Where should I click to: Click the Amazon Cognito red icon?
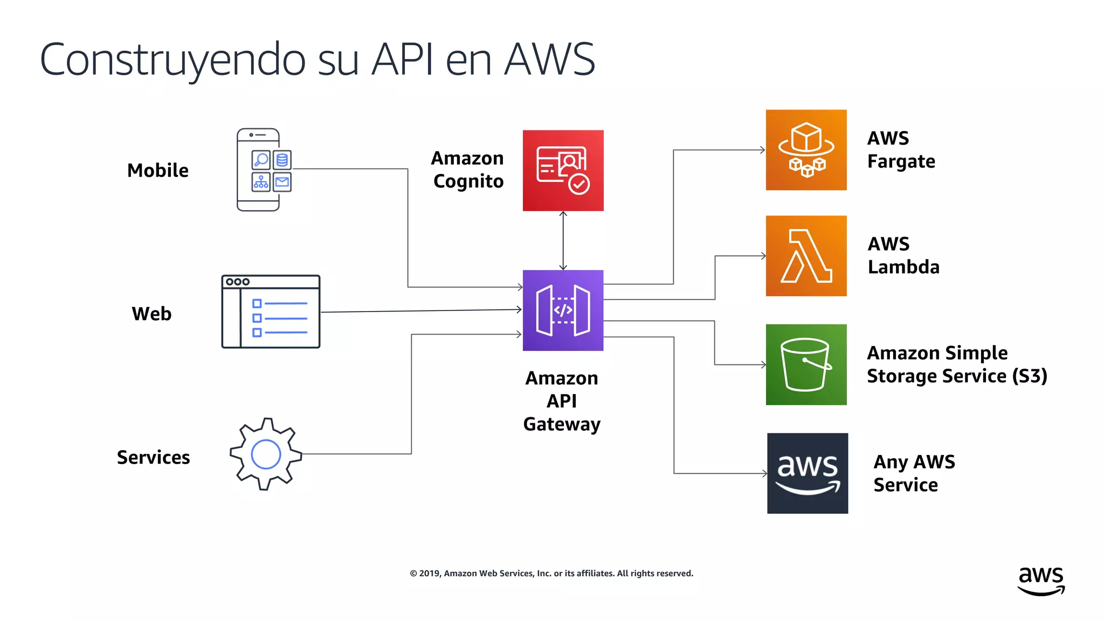tap(563, 170)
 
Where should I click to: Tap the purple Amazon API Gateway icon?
tap(563, 310)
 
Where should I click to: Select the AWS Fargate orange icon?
tap(806, 150)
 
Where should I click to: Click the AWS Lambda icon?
tap(806, 256)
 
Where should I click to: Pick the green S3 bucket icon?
tap(806, 364)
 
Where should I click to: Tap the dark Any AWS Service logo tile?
tap(807, 473)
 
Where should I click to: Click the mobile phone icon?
tap(264, 170)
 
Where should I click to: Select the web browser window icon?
tap(271, 312)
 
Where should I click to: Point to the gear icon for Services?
tap(266, 454)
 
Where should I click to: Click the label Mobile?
tap(158, 170)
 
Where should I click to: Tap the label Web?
tap(151, 314)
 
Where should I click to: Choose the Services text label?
tap(153, 457)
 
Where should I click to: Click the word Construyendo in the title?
tap(172, 59)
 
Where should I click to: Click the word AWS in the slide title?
tap(549, 59)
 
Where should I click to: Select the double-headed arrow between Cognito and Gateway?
tap(563, 240)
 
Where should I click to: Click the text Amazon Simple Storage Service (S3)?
tap(957, 364)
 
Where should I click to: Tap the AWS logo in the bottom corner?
tap(1041, 581)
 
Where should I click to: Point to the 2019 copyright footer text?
tap(551, 574)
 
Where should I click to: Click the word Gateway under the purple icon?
tap(562, 424)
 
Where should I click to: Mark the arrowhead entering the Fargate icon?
tap(762, 150)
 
